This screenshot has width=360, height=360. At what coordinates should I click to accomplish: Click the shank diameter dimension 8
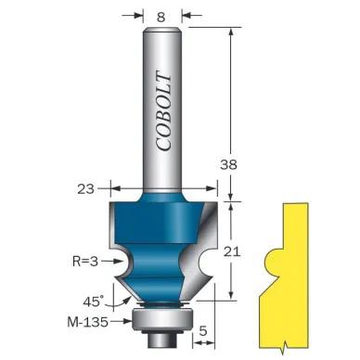161,18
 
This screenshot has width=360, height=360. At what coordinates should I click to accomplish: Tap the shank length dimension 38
228,164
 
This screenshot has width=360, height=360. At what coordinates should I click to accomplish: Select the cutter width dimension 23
85,188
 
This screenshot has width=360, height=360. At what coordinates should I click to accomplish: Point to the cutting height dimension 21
232,251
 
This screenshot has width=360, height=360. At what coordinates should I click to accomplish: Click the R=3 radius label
85,262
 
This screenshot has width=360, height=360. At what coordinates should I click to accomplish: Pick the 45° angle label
93,301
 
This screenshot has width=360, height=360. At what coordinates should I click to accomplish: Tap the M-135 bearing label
88,322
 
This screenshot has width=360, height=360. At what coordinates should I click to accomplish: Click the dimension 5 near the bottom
203,331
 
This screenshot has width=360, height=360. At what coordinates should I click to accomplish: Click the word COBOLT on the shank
163,111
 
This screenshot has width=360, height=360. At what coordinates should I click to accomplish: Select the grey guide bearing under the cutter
162,319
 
